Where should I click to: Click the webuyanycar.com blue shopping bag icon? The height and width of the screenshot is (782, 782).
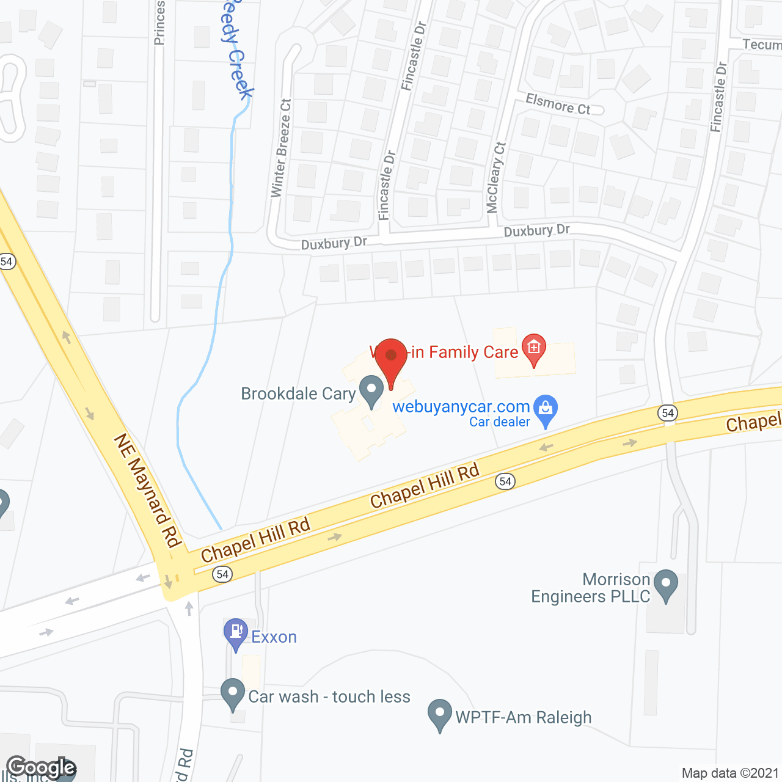click(x=546, y=410)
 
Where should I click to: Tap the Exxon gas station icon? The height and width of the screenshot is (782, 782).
click(x=235, y=634)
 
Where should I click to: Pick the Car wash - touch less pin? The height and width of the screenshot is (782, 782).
click(x=233, y=694)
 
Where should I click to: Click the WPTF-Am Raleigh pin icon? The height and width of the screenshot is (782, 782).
click(x=439, y=715)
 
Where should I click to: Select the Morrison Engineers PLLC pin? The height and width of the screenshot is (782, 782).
click(x=665, y=585)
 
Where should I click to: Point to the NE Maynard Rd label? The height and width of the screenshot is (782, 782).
click(x=148, y=491)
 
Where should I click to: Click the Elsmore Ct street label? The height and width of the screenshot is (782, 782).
click(x=558, y=104)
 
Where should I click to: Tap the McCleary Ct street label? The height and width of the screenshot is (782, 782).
click(x=496, y=177)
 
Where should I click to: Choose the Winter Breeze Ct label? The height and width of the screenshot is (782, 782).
click(x=281, y=148)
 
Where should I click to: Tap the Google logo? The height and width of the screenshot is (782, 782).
click(x=41, y=767)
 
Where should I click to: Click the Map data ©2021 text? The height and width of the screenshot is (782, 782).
click(x=730, y=773)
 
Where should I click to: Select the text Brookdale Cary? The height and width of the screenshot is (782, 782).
click(x=298, y=394)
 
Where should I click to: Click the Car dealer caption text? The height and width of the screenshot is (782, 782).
click(x=499, y=422)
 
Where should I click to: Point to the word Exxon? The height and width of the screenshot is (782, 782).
click(x=274, y=637)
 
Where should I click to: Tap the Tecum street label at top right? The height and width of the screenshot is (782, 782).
click(x=762, y=45)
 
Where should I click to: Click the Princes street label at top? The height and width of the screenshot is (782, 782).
click(x=159, y=23)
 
